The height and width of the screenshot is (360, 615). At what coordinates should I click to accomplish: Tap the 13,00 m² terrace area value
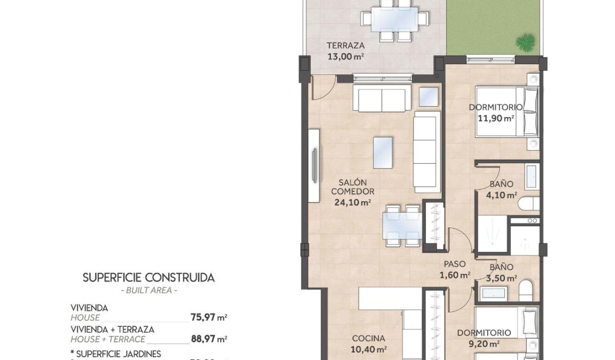coord(346,57)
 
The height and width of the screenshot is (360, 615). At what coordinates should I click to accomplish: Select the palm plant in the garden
coord(525,43)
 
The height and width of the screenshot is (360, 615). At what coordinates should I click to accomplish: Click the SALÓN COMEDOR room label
coord(353,187)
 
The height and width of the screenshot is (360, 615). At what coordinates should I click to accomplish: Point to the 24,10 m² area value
coord(353,202)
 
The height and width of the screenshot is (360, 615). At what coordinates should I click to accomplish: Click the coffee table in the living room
coord(382,152)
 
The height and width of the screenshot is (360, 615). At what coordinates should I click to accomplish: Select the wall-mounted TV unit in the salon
coord(313,166)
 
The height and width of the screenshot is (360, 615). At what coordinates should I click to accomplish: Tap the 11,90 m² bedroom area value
coord(495,118)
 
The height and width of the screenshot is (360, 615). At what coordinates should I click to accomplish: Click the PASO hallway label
coord(455,264)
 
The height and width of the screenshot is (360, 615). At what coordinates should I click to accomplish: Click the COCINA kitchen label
coord(369,339)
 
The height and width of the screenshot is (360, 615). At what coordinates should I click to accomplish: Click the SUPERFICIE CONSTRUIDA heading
coord(149,277)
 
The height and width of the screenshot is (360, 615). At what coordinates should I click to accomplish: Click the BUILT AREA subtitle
coord(149,290)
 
